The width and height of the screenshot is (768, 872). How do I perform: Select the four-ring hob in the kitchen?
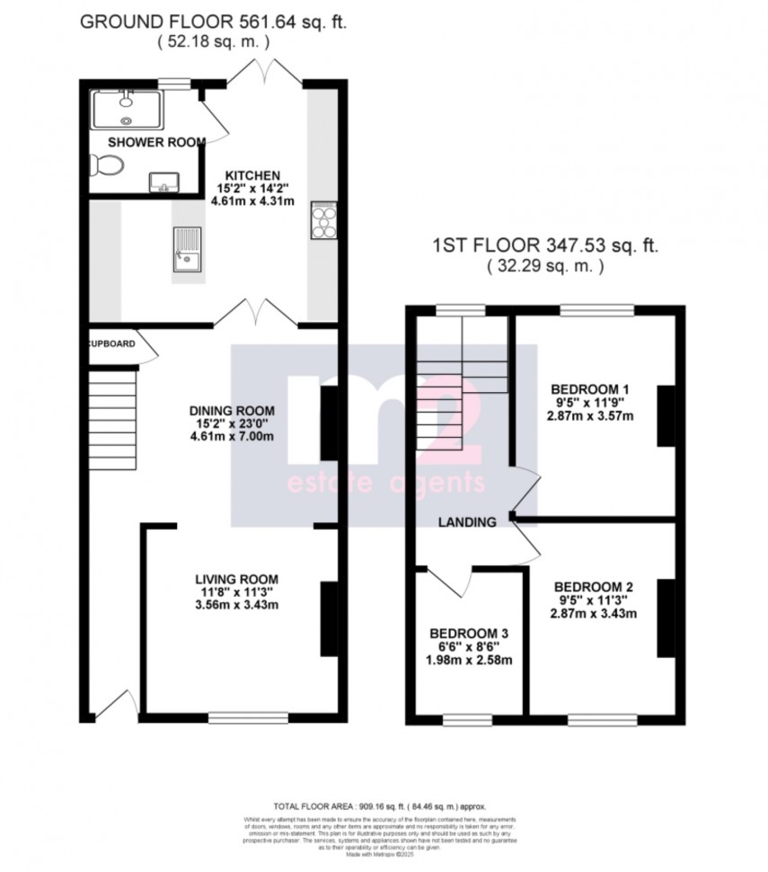(323, 221)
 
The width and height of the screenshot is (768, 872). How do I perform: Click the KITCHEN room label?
(253, 174)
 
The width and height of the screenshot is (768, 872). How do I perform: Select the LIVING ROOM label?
(238, 578)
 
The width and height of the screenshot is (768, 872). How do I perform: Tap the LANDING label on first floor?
(467, 522)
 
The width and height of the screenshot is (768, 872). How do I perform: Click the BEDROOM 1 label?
(589, 388)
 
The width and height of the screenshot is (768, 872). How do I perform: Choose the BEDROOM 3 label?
(470, 632)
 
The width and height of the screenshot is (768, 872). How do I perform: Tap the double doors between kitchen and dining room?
(253, 315)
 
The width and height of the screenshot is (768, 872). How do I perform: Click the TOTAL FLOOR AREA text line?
(383, 806)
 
